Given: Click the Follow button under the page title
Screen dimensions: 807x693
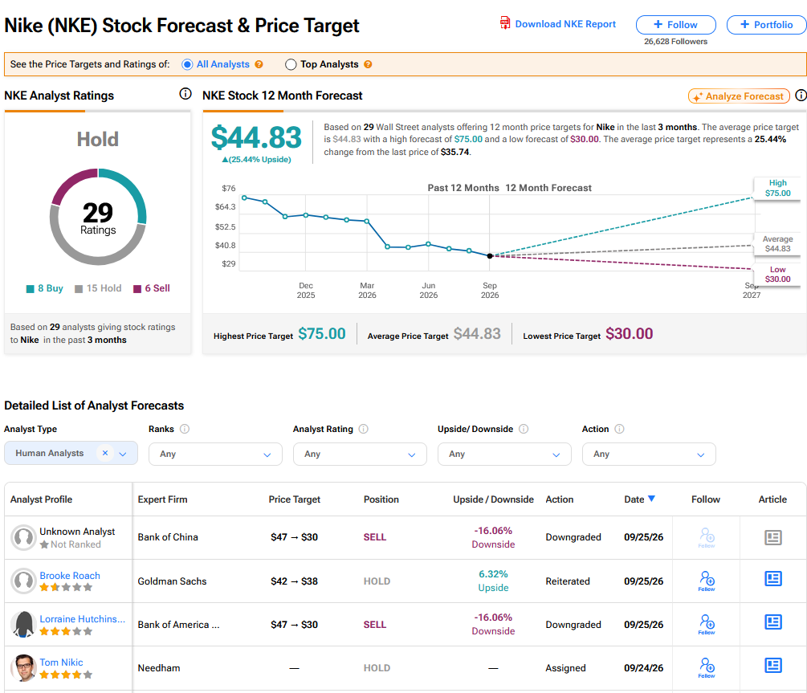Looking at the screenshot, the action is pyautogui.click(x=676, y=25).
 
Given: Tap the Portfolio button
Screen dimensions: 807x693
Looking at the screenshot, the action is pyautogui.click(x=766, y=25).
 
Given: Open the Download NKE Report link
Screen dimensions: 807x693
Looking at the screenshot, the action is pyautogui.click(x=558, y=23).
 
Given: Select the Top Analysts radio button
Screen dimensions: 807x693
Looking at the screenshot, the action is pyautogui.click(x=291, y=64).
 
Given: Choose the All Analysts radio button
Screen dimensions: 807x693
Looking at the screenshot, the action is pyautogui.click(x=187, y=64).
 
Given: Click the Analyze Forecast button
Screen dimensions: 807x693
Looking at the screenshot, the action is pyautogui.click(x=739, y=96).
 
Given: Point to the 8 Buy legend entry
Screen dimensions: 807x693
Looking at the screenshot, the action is pyautogui.click(x=45, y=288).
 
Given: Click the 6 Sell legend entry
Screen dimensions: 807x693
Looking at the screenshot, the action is pyautogui.click(x=152, y=288).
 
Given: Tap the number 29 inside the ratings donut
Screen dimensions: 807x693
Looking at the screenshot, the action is pyautogui.click(x=98, y=212).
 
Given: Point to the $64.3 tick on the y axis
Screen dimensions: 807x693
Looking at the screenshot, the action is pyautogui.click(x=226, y=207).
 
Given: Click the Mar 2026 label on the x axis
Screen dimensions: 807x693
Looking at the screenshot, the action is pyautogui.click(x=367, y=291).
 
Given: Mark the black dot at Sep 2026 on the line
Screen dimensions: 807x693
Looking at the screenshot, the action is pyautogui.click(x=490, y=256).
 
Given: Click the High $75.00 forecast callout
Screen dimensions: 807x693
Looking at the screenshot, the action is pyautogui.click(x=777, y=188).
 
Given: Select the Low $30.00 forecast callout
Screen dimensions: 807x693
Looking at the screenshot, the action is pyautogui.click(x=777, y=274).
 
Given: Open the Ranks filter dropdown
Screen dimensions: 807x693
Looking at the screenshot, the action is pyautogui.click(x=215, y=455).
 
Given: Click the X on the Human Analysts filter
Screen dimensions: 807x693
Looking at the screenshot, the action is pyautogui.click(x=105, y=453).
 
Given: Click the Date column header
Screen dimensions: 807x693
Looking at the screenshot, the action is pyautogui.click(x=639, y=499).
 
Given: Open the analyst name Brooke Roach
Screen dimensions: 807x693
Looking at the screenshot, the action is pyautogui.click(x=70, y=576).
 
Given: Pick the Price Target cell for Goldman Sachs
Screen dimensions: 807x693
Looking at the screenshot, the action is pyautogui.click(x=295, y=581).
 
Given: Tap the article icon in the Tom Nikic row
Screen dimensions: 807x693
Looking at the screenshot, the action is pyautogui.click(x=773, y=666).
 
